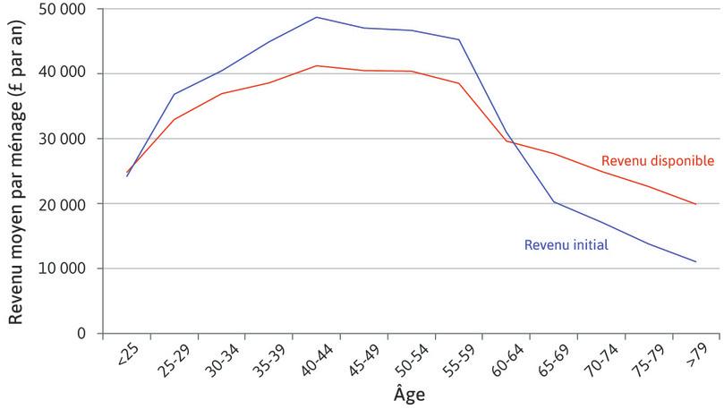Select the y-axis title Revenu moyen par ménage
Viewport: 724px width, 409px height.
point(16,170)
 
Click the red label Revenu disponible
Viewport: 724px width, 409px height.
point(657,161)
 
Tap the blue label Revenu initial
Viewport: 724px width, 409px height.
point(566,244)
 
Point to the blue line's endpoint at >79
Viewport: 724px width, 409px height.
point(696,262)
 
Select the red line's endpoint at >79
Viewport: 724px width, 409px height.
point(696,204)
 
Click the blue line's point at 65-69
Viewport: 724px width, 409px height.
point(554,201)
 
